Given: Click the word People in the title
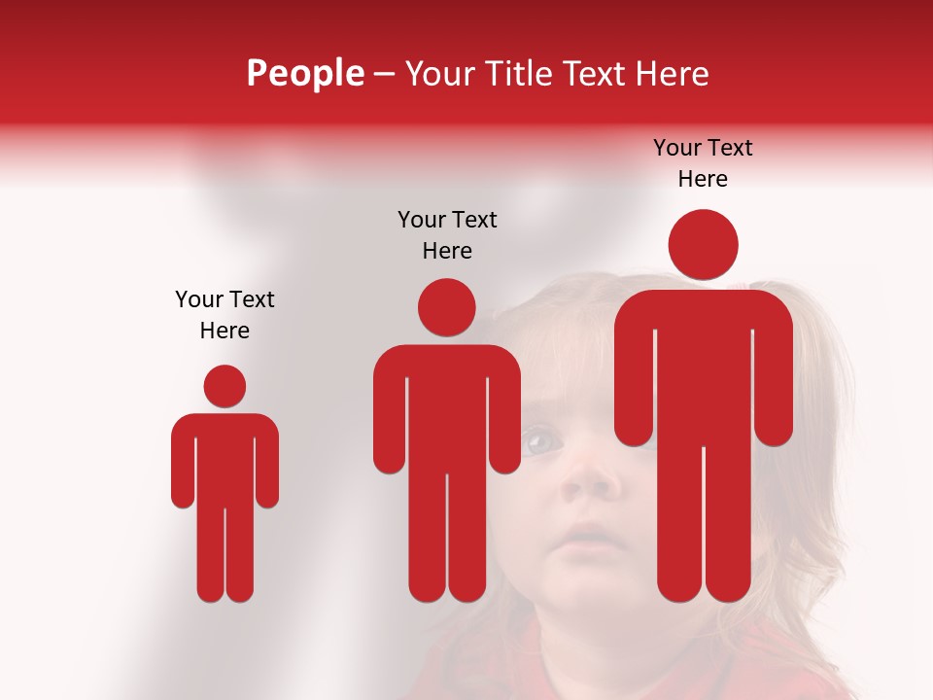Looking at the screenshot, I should pos(304,73).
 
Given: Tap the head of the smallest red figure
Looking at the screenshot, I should pos(225,386).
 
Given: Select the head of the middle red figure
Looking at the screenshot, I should pos(447,307).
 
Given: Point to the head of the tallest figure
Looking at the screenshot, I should pos(703,244).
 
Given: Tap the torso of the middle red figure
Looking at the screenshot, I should pos(447,408).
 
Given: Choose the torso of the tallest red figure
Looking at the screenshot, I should pos(703,369).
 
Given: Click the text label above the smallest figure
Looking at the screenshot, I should pos(225,314).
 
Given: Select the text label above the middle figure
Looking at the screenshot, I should pos(447,234).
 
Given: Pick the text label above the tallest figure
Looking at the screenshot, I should pos(703,162).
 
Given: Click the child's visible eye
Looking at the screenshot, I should pos(542,442).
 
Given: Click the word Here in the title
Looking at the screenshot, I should pos(671,73).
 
